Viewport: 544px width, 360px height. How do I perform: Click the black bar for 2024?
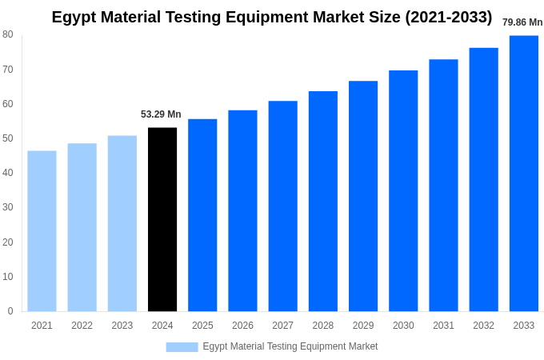(162, 219)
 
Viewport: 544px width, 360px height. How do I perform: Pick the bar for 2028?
(323, 201)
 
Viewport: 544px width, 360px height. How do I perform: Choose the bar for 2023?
(122, 223)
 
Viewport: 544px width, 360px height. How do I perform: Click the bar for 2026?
(242, 210)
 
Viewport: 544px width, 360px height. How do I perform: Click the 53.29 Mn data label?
(161, 114)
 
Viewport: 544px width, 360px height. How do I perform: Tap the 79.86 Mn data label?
(522, 22)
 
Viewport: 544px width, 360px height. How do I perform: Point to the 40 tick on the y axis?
(8, 173)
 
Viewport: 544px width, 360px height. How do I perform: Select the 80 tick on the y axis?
(8, 34)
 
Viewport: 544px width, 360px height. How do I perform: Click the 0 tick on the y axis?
(10, 311)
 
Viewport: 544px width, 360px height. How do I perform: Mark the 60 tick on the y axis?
(8, 104)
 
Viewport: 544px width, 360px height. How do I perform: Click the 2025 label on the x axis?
(202, 326)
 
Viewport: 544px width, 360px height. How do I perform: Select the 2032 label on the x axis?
(483, 326)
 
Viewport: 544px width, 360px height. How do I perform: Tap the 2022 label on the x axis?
(82, 326)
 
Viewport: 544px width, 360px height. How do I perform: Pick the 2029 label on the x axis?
(363, 326)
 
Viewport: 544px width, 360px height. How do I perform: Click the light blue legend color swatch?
(182, 347)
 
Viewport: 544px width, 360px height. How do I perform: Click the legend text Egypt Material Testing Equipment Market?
(290, 346)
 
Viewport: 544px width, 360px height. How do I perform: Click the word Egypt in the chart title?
(74, 17)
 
